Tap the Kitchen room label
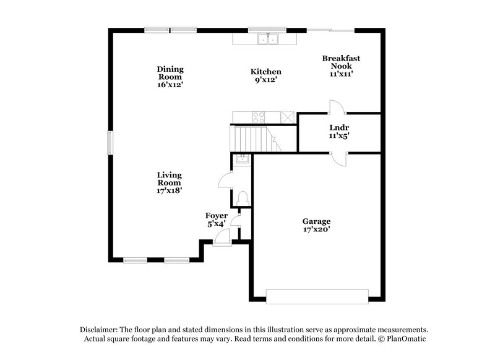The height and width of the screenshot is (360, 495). pyautogui.click(x=266, y=72)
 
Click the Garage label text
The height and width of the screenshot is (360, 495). pyautogui.click(x=316, y=221)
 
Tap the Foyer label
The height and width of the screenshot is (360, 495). pyautogui.click(x=216, y=215)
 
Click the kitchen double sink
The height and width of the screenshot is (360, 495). pyautogui.click(x=268, y=40)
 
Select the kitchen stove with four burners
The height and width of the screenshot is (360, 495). pyautogui.click(x=257, y=116)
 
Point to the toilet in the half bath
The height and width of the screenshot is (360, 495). pyautogui.click(x=243, y=198)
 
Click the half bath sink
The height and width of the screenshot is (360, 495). pyautogui.click(x=243, y=160)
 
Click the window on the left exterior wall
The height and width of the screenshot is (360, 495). pyautogui.click(x=110, y=143)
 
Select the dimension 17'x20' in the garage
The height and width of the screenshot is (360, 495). pyautogui.click(x=316, y=229)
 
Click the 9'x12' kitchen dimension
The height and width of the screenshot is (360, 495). pyautogui.click(x=266, y=80)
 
